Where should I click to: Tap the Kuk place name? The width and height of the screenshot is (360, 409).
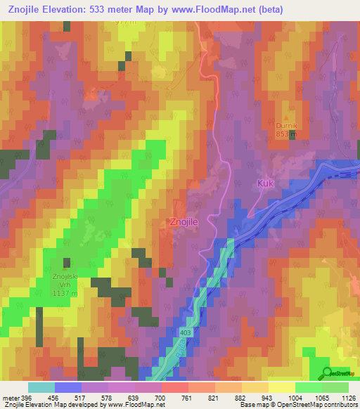coord(264,183)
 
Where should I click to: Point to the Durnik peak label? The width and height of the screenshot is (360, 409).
coord(285,127)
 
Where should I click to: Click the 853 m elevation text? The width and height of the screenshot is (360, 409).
coord(285,136)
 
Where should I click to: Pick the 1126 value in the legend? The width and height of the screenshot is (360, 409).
coord(349,397)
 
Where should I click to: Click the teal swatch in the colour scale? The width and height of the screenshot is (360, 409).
coord(41,387)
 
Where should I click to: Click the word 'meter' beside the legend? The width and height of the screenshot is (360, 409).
coord(11,397)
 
